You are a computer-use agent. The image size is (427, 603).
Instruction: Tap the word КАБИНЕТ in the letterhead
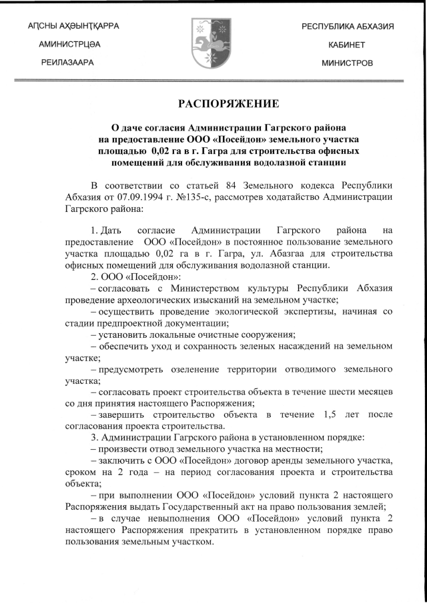click(x=347, y=45)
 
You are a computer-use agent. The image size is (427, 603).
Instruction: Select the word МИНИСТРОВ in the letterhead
click(x=347, y=63)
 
